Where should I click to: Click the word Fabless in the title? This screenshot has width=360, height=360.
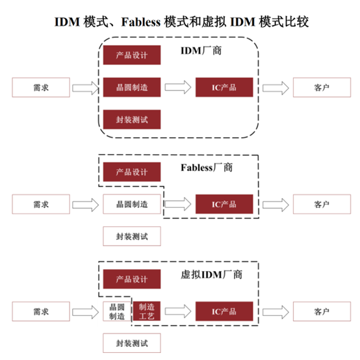click(x=141, y=22)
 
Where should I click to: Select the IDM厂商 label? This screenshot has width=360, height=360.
click(x=201, y=51)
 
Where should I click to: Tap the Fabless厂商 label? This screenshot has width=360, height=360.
click(x=207, y=168)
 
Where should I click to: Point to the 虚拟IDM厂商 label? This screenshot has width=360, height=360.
click(x=211, y=275)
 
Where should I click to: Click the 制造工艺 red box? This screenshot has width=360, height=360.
click(x=147, y=311)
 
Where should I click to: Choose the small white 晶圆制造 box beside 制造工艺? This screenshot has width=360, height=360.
click(x=117, y=311)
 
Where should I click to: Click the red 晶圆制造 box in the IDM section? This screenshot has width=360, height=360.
click(x=132, y=87)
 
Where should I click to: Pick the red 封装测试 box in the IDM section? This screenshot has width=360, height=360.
click(x=132, y=120)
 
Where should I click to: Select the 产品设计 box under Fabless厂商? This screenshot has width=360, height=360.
click(x=132, y=172)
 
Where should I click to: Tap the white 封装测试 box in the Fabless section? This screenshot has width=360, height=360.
click(x=132, y=237)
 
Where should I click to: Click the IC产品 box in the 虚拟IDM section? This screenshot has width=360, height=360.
click(x=224, y=311)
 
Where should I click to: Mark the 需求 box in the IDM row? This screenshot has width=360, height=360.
click(x=41, y=87)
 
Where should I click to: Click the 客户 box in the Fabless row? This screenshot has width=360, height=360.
click(x=322, y=204)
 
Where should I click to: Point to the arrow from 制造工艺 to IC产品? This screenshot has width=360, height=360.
click(x=178, y=311)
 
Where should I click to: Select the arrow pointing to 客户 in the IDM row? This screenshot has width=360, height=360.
click(x=276, y=88)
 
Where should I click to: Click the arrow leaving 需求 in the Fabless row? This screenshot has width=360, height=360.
click(x=85, y=205)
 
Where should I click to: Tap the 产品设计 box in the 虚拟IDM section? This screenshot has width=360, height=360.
click(x=132, y=279)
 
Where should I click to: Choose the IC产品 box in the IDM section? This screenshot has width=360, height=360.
click(x=224, y=87)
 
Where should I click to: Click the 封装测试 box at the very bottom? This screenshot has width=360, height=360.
click(x=132, y=343)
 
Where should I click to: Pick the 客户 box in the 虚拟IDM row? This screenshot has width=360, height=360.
click(x=322, y=311)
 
